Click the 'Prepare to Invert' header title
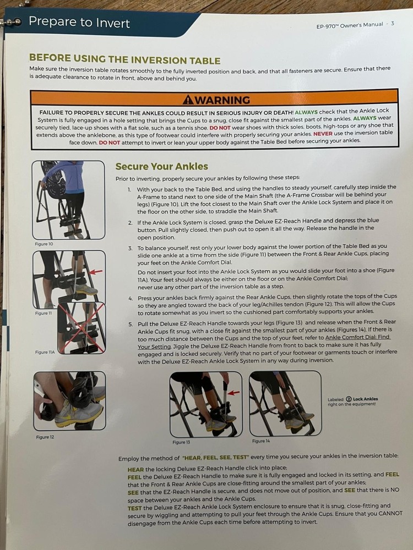79,23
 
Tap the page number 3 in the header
392,24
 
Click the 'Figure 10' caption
44,243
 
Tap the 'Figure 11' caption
42,313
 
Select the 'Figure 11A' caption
45,352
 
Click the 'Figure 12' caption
44,437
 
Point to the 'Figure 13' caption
182,442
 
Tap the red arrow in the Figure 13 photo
233,392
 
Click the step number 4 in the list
131,298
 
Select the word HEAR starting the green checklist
135,469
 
